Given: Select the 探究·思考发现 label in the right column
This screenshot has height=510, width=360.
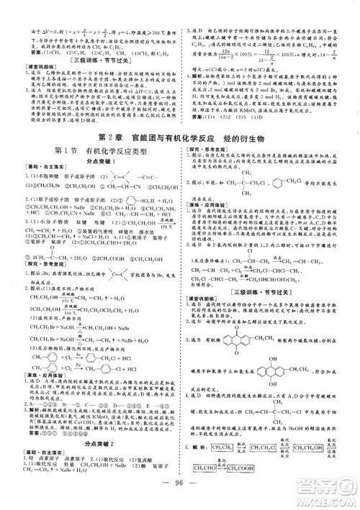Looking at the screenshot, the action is point(205,127).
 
